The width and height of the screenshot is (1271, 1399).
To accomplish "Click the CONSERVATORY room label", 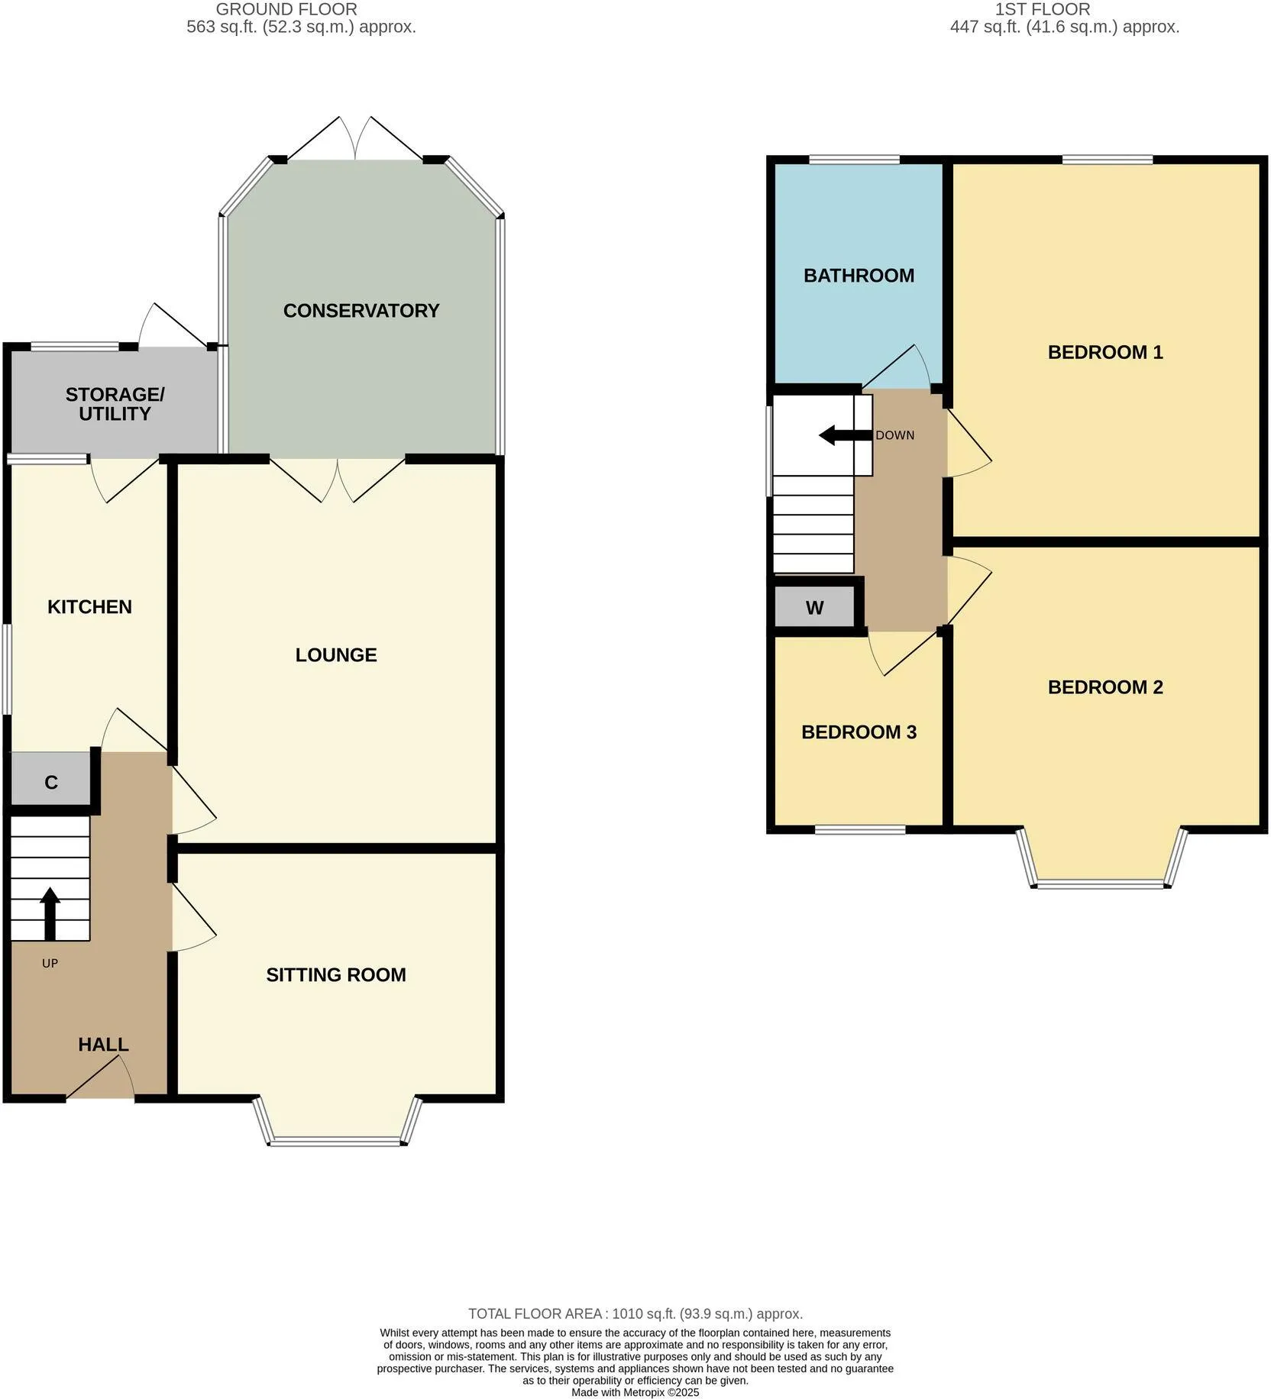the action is pos(361,311).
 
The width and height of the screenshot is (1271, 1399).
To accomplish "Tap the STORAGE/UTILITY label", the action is pos(115,404).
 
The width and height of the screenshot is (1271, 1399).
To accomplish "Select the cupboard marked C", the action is pos(50,779).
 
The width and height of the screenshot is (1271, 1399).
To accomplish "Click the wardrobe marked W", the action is pos(814,608).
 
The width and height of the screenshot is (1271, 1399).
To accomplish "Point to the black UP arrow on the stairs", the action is pos(50,913).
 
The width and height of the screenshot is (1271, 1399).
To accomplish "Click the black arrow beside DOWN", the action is pos(846,435).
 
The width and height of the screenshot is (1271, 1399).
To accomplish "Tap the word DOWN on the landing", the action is pos(894,435).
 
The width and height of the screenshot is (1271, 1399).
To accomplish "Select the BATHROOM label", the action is pos(859,276).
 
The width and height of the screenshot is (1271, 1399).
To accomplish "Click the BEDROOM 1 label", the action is pos(1105,352).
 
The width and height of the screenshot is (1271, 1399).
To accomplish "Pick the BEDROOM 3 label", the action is pos(859,732).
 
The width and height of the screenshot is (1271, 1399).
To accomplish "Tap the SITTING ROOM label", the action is pos(336,974).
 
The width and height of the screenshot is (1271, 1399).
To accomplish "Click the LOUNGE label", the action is pos(336,655).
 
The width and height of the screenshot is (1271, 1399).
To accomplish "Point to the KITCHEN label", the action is pos(89,607).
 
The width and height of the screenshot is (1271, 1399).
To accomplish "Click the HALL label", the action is pos(103,1045).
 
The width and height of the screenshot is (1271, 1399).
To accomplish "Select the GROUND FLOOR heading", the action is pos(286,10).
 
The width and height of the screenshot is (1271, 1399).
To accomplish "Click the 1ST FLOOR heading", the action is pos(1043,10).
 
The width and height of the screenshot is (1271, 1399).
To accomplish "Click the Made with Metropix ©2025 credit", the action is pos(635,1392).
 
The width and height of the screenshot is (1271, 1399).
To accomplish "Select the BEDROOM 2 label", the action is pos(1105,687).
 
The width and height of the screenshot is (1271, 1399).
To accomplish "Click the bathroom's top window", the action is pos(855,160).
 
